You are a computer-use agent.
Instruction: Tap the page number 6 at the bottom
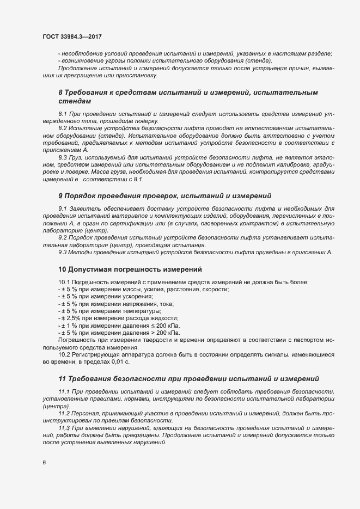point(44,462)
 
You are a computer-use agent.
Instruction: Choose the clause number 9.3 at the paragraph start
point(63,252)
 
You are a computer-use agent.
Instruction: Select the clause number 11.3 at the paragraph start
point(65,428)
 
